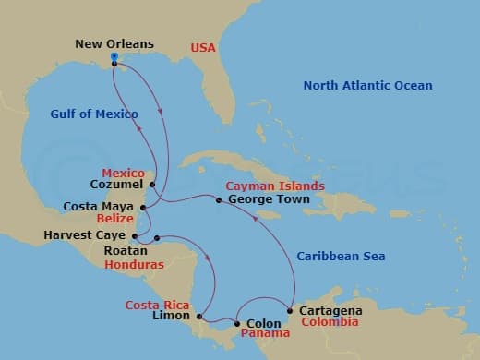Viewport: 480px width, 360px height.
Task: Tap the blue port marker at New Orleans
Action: point(114,57)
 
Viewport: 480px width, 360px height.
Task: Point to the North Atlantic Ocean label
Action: point(367,86)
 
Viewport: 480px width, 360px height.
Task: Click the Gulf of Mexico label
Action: point(94,114)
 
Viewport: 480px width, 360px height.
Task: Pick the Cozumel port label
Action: point(117,185)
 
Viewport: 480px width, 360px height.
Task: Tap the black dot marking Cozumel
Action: point(152,185)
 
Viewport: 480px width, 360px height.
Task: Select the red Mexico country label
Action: point(123,173)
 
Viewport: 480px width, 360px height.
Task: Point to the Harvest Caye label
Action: point(83,235)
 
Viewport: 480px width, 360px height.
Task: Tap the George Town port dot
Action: point(219,199)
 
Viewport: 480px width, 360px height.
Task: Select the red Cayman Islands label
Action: point(274,186)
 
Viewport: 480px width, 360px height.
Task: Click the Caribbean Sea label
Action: point(341,256)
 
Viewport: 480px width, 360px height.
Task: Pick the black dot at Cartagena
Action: point(292,310)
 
